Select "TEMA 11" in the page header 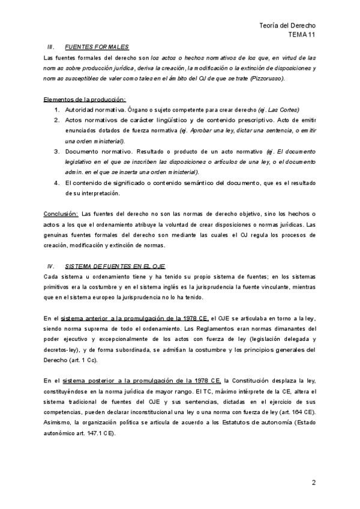tap(302, 35)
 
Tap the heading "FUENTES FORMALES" tap(97, 47)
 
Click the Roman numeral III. tap(51, 47)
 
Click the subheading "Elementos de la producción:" tap(85, 100)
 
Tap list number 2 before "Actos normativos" tap(56, 120)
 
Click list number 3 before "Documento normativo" tap(56, 151)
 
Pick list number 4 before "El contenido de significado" tap(56, 182)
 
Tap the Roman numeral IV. tap(51, 266)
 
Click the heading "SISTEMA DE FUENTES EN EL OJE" tap(115, 266)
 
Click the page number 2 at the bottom tap(313, 482)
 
